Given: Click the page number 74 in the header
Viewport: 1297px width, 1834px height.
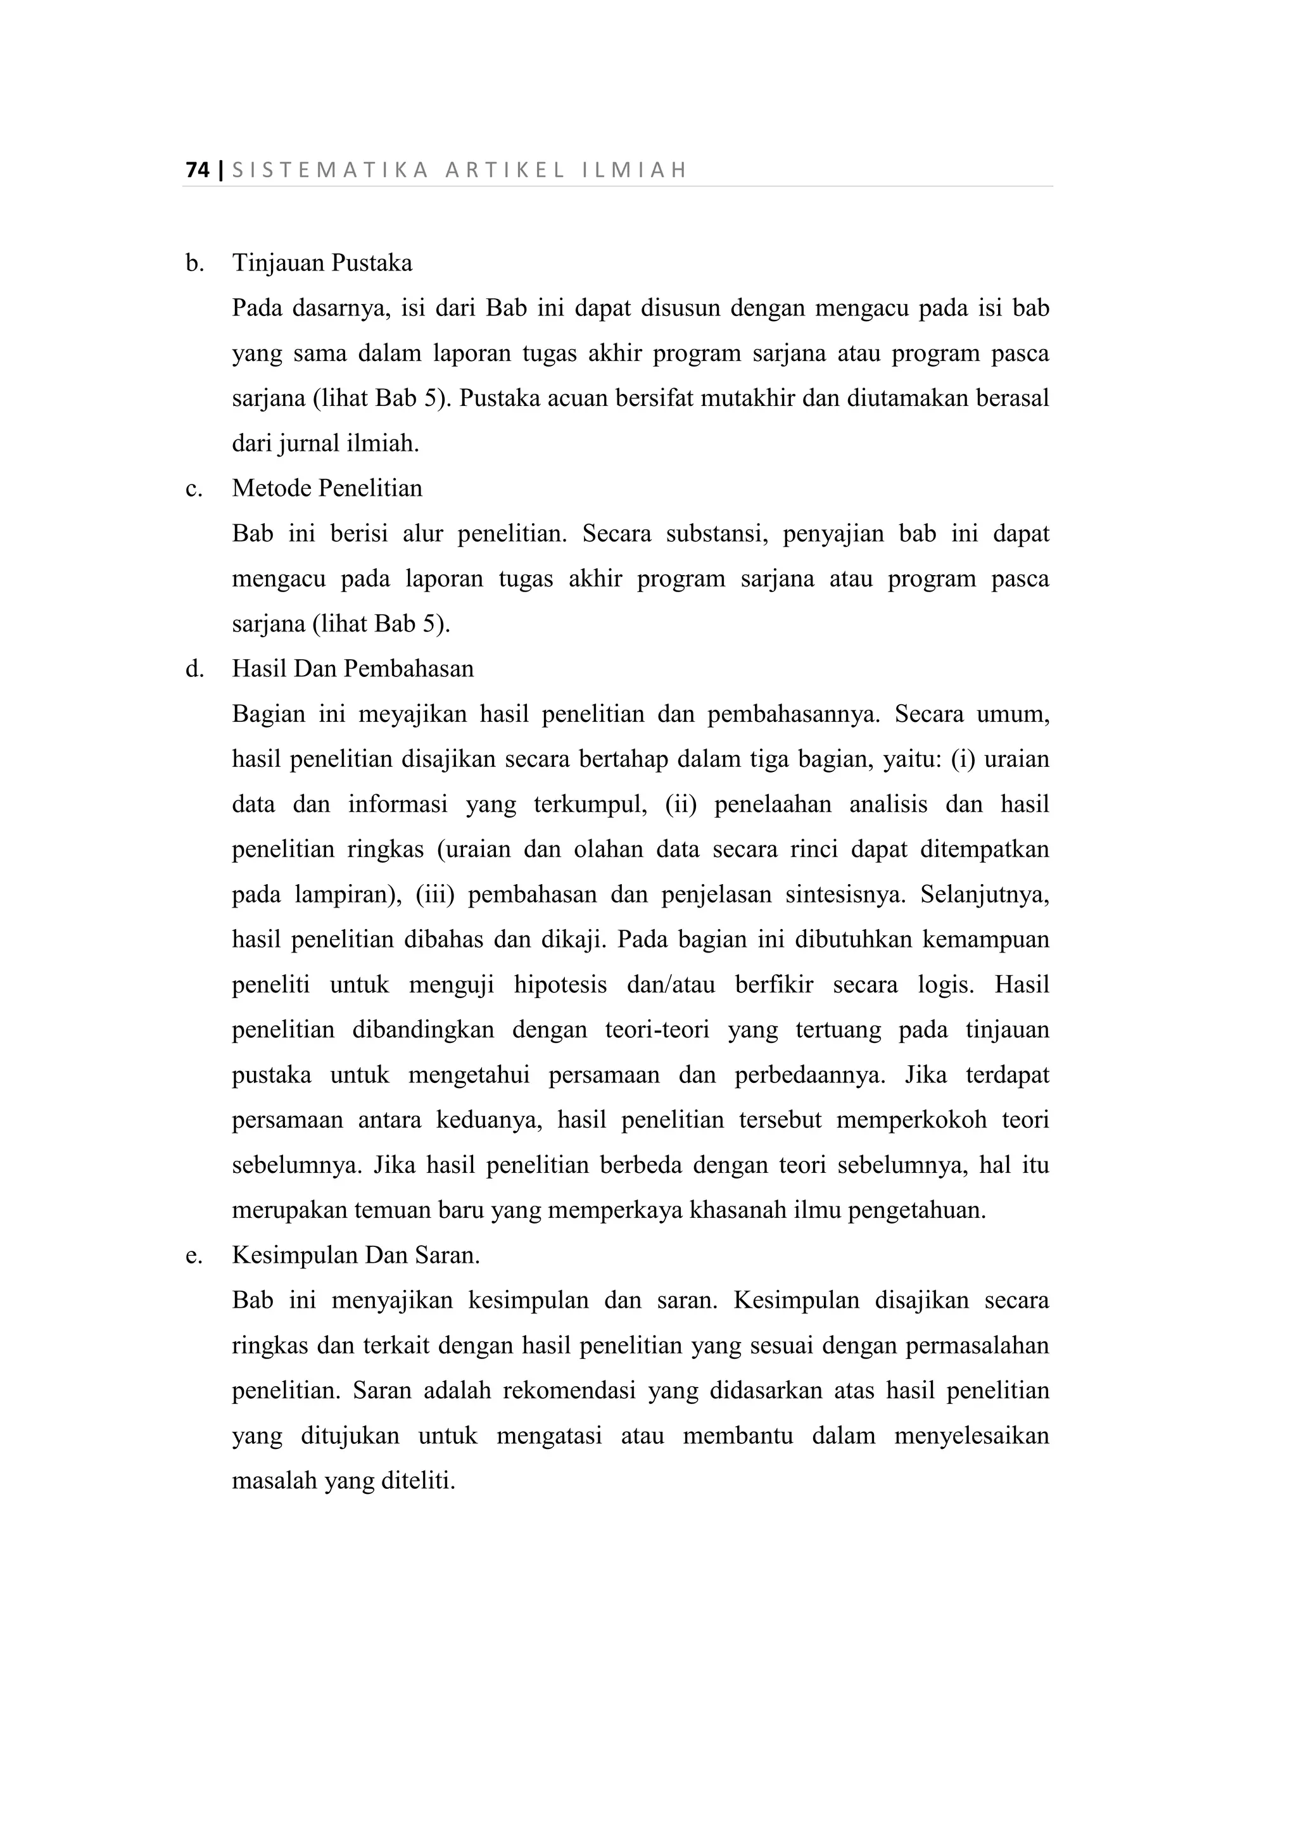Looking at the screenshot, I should (197, 170).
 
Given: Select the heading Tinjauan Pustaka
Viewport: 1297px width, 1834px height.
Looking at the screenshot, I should (322, 263).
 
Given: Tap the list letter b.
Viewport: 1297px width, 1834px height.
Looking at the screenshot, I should (194, 263).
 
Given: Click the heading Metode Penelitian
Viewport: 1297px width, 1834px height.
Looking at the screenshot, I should (327, 488).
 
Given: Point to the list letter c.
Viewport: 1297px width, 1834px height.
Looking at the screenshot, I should (193, 488).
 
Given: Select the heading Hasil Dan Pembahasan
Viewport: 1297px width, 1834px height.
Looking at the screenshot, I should (352, 669).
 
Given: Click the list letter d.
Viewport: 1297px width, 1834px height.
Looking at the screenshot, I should (194, 669).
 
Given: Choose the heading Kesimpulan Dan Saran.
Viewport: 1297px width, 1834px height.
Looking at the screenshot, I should (355, 1256).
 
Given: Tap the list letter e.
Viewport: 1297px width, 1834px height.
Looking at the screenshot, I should (193, 1256).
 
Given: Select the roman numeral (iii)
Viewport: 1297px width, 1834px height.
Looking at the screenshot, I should (434, 895).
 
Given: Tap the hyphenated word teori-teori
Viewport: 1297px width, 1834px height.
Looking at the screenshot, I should (657, 1030).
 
